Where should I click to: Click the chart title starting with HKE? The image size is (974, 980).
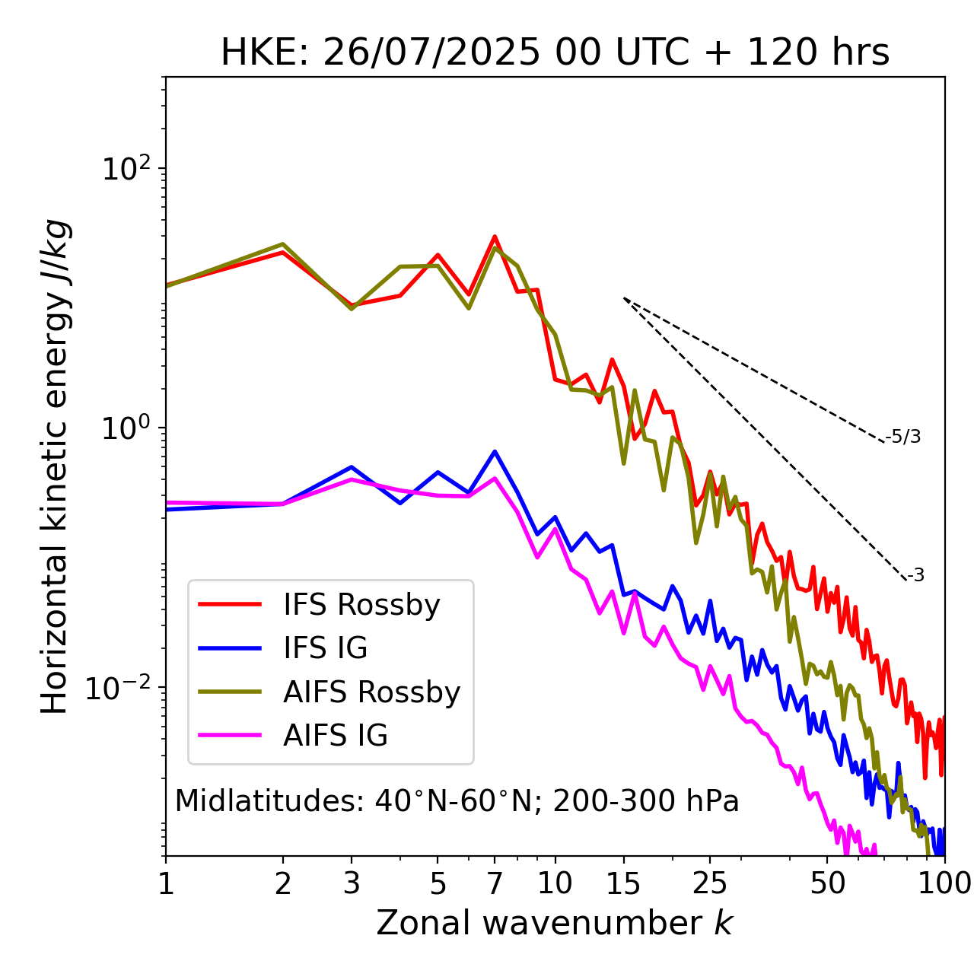(555, 53)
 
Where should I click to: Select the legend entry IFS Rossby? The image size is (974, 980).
(361, 605)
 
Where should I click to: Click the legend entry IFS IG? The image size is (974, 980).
(325, 648)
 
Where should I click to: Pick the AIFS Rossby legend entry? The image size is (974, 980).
(371, 692)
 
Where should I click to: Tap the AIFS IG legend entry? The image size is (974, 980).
(336, 736)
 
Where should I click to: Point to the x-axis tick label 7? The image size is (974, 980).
(495, 883)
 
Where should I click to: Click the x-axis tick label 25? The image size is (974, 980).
(710, 883)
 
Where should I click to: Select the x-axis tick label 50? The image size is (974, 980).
(827, 883)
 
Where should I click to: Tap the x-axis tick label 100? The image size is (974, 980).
(944, 883)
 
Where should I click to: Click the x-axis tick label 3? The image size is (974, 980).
(352, 883)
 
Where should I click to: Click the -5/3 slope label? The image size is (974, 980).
(903, 437)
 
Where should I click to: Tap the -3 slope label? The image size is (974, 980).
(915, 576)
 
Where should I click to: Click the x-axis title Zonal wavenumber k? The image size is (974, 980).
(555, 923)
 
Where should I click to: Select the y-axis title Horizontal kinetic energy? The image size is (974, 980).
(55, 466)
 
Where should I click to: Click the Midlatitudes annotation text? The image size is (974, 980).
(457, 801)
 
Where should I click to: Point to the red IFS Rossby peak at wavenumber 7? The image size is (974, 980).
(495, 237)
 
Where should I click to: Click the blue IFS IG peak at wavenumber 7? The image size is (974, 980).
(495, 452)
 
